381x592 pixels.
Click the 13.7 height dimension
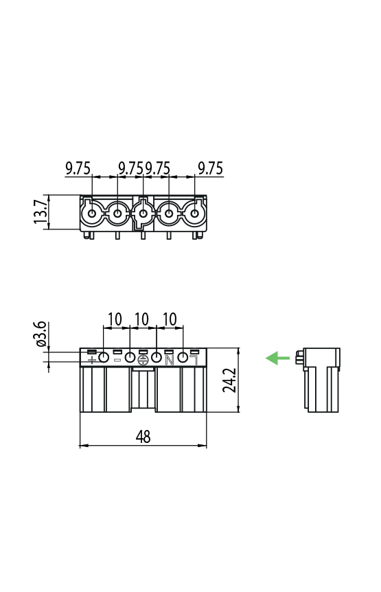pyautogui.click(x=41, y=212)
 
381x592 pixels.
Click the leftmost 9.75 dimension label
pyautogui.click(x=78, y=168)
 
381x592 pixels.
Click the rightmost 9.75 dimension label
pyautogui.click(x=210, y=168)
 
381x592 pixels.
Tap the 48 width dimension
pyautogui.click(x=143, y=437)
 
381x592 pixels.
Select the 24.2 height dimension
pyautogui.click(x=230, y=380)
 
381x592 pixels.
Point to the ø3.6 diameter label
pyautogui.click(x=41, y=334)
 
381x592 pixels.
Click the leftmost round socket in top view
pyautogui.click(x=91, y=214)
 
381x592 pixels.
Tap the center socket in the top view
pyautogui.click(x=143, y=214)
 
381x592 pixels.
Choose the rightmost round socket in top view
pyautogui.click(x=194, y=214)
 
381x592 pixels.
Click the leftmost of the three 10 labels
pyautogui.click(x=115, y=319)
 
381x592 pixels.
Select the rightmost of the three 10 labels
pyautogui.click(x=170, y=319)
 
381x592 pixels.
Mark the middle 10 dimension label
pyautogui.click(x=142, y=319)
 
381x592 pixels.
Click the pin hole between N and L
pyautogui.click(x=183, y=357)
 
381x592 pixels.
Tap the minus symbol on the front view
pyautogui.click(x=117, y=360)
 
